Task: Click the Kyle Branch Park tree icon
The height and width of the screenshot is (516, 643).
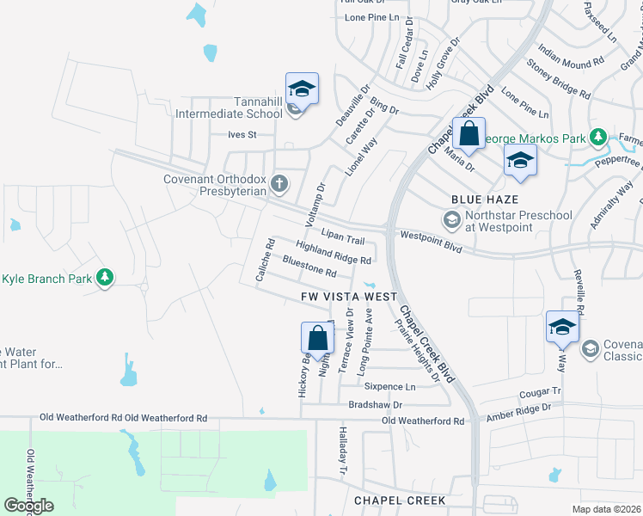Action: pos(105,278)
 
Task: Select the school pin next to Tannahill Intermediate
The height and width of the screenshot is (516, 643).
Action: pos(303,89)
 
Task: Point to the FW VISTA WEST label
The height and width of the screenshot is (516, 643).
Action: pos(349,297)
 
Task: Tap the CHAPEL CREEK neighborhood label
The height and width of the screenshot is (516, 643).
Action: pos(400,500)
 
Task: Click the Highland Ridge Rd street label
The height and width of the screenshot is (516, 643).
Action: pos(333,254)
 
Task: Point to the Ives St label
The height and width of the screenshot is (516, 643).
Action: pos(242,135)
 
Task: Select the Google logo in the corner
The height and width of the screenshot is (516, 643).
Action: pos(28,506)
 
